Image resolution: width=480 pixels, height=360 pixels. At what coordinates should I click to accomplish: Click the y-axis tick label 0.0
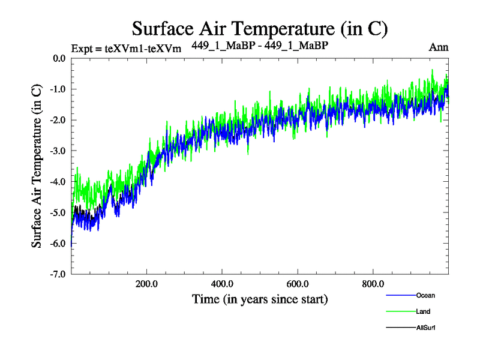[58, 59]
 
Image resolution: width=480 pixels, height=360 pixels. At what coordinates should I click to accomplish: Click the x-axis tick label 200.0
[146, 284]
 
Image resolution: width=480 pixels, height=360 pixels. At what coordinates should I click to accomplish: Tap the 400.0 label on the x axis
[222, 284]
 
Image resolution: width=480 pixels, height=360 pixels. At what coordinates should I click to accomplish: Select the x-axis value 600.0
[298, 284]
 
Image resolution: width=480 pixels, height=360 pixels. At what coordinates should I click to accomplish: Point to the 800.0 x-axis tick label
[373, 284]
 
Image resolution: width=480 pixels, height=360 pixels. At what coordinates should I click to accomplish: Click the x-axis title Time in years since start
[260, 299]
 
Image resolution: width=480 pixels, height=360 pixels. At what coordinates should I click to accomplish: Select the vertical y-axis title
[37, 166]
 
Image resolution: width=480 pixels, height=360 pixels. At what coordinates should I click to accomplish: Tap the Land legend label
[422, 311]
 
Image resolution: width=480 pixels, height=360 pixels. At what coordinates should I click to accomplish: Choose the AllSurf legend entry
[425, 328]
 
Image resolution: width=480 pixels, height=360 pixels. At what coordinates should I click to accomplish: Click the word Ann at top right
[439, 47]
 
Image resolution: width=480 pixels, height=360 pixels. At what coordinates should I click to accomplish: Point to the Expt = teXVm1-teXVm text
[126, 49]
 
